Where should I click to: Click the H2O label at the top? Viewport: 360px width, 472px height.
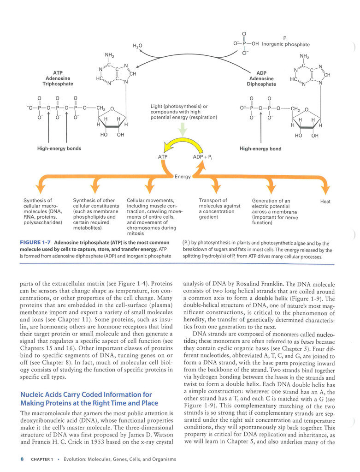[x=137, y=46]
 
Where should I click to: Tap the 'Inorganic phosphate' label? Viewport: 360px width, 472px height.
[x=286, y=44]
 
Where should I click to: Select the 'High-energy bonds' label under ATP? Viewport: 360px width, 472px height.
[x=59, y=149]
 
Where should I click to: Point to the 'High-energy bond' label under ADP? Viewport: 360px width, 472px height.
[x=260, y=149]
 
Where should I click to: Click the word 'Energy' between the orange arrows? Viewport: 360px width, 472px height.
[x=182, y=176]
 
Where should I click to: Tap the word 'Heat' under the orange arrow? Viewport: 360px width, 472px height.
[x=325, y=201]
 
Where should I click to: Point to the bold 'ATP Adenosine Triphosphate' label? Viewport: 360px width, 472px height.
[x=58, y=78]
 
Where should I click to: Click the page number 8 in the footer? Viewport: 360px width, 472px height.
[x=22, y=460]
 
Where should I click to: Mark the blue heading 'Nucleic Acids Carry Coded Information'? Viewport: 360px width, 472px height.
[x=86, y=399]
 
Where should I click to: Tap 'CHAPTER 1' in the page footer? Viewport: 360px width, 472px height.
[x=42, y=460]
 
